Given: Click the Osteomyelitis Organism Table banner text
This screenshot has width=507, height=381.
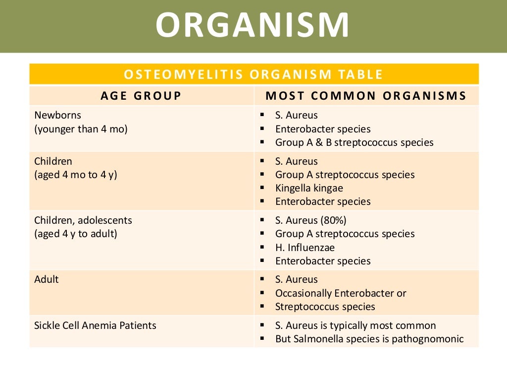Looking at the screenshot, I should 253,74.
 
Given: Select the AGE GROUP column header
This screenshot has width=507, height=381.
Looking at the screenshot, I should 141,96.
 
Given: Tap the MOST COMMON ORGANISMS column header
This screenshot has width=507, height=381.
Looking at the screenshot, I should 366,96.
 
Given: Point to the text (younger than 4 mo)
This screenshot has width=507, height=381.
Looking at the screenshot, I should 81,129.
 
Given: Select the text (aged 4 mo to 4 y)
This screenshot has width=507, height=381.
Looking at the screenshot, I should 75,175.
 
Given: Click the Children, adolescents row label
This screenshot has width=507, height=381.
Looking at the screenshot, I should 83,220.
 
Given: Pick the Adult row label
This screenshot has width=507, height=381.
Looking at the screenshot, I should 47,279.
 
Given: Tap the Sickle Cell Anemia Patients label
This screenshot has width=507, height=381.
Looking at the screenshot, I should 95,325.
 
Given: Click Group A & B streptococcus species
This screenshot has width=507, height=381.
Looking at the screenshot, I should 354,142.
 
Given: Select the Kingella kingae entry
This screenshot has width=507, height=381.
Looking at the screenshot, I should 309,188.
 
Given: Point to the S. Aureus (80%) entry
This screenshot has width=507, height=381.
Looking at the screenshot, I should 310,220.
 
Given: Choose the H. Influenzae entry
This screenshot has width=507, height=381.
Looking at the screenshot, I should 305,247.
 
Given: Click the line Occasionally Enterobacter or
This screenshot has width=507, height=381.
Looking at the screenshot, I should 341,293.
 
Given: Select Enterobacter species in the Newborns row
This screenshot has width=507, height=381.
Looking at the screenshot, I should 323,129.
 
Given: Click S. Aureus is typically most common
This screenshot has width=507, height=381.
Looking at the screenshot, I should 355,325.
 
